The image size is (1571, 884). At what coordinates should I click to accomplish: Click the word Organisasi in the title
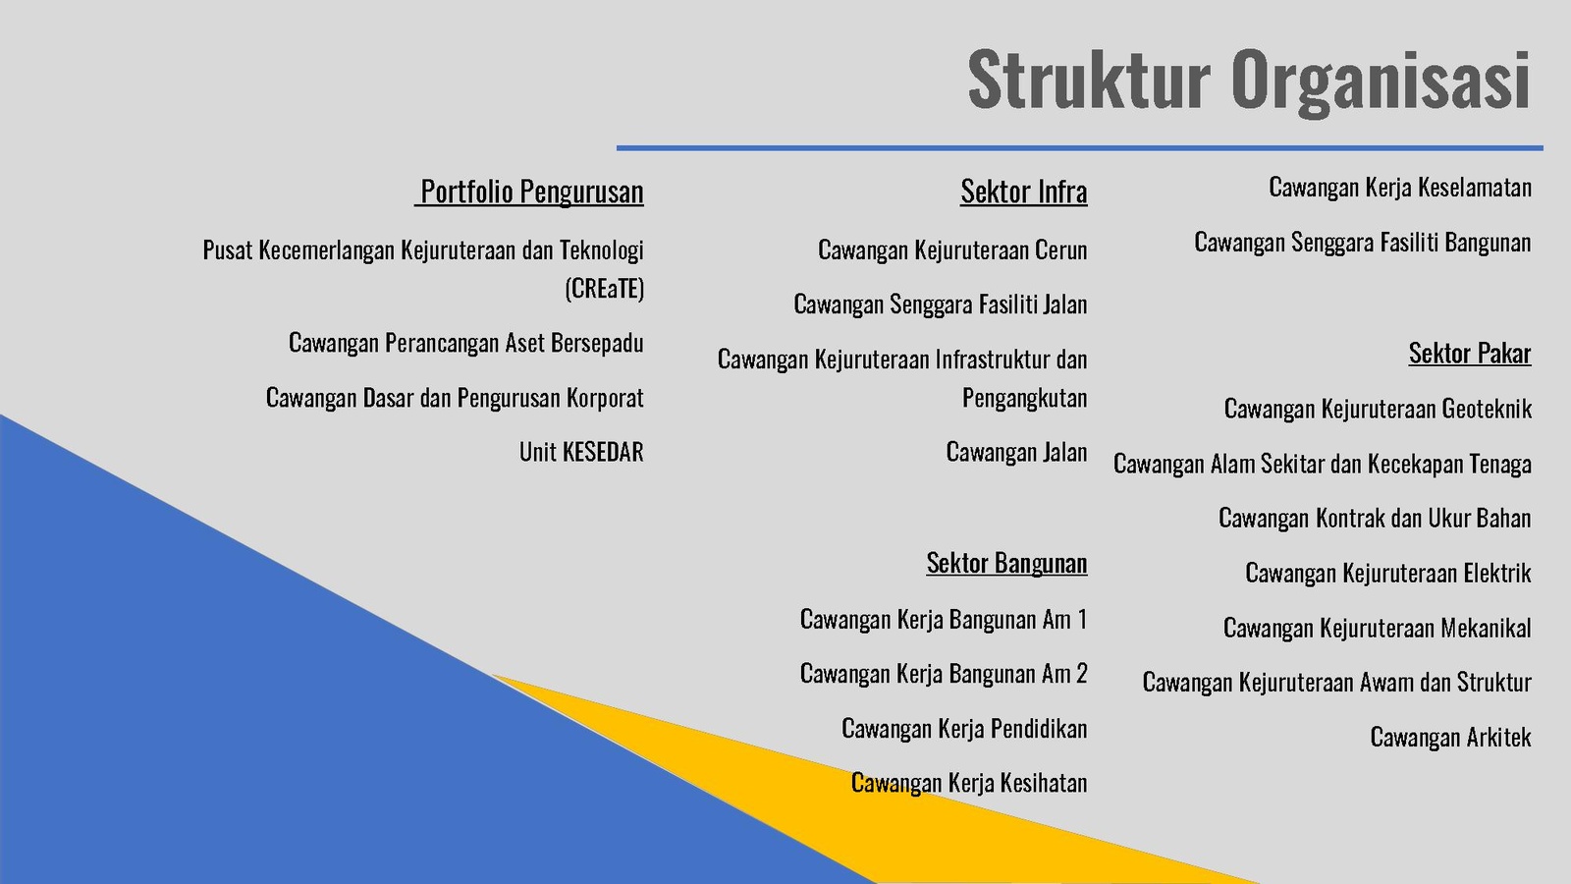(1381, 81)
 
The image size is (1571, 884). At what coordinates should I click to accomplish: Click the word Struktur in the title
(1089, 79)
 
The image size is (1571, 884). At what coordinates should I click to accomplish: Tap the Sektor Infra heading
(1024, 191)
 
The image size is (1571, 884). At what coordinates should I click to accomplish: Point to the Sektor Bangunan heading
(1006, 563)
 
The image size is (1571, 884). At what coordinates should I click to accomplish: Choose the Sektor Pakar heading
(1470, 353)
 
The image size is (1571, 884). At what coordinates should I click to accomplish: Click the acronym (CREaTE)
(605, 289)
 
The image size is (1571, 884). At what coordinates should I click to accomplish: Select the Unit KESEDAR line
(581, 452)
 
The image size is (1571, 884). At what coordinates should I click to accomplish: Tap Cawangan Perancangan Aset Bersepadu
(466, 343)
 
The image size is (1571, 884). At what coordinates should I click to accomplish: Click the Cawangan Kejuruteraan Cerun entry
(952, 249)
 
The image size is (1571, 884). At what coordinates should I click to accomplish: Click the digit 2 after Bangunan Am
(1081, 674)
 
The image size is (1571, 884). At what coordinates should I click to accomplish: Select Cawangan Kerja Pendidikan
(964, 729)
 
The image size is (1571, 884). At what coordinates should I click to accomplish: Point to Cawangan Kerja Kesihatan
(969, 783)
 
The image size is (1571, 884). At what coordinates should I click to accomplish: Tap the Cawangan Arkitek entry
(1450, 738)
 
